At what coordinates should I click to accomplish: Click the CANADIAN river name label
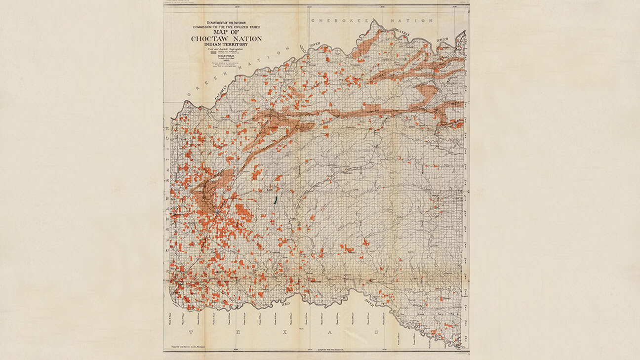(221, 92)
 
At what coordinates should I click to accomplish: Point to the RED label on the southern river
(286, 304)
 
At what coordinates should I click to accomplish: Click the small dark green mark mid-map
(276, 200)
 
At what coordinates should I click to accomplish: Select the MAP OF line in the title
(227, 32)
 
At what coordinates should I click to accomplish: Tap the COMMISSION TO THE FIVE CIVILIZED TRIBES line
(227, 27)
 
